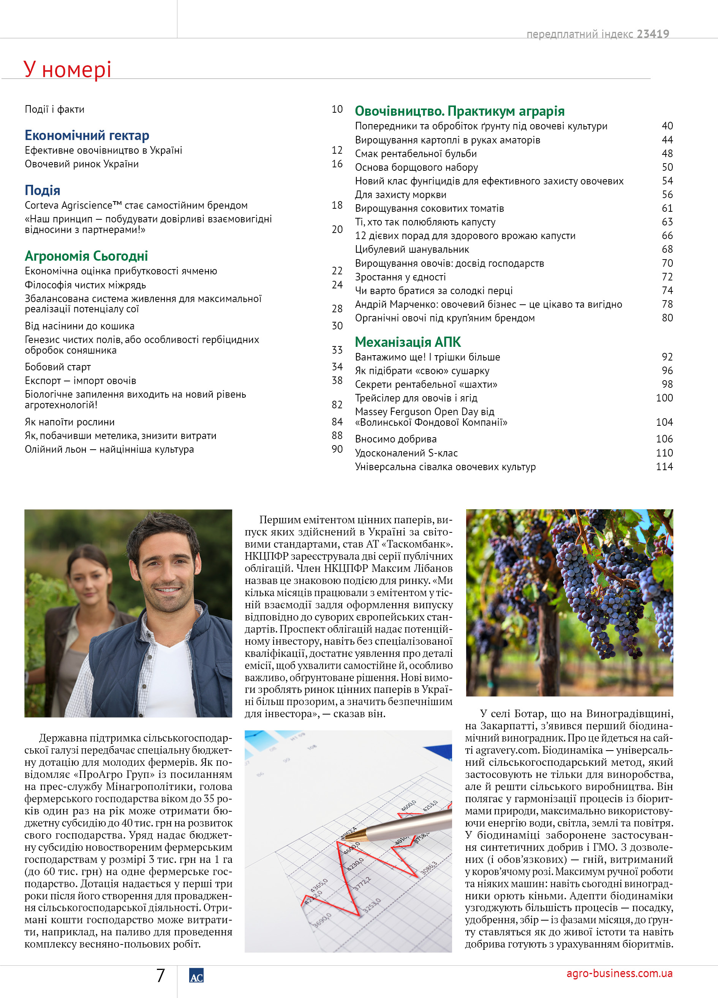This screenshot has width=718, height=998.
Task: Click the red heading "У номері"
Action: [x=67, y=69]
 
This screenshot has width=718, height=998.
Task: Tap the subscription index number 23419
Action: [x=652, y=34]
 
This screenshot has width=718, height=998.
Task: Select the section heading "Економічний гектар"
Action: [x=87, y=135]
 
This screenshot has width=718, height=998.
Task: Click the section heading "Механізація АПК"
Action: [x=408, y=342]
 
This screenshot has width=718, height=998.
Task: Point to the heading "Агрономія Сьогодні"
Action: [x=86, y=256]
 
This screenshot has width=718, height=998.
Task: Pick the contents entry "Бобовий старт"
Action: [x=58, y=367]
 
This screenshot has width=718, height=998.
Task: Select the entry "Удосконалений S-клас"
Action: [x=406, y=453]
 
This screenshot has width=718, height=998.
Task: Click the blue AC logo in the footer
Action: [x=196, y=976]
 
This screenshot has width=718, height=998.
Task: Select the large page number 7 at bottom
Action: [x=160, y=976]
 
